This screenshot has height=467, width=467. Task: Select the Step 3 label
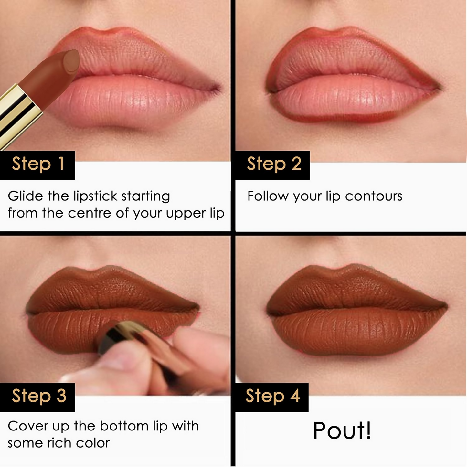(x=39, y=396)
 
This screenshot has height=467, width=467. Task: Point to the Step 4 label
(x=272, y=396)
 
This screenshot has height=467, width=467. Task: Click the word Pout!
(x=342, y=430)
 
